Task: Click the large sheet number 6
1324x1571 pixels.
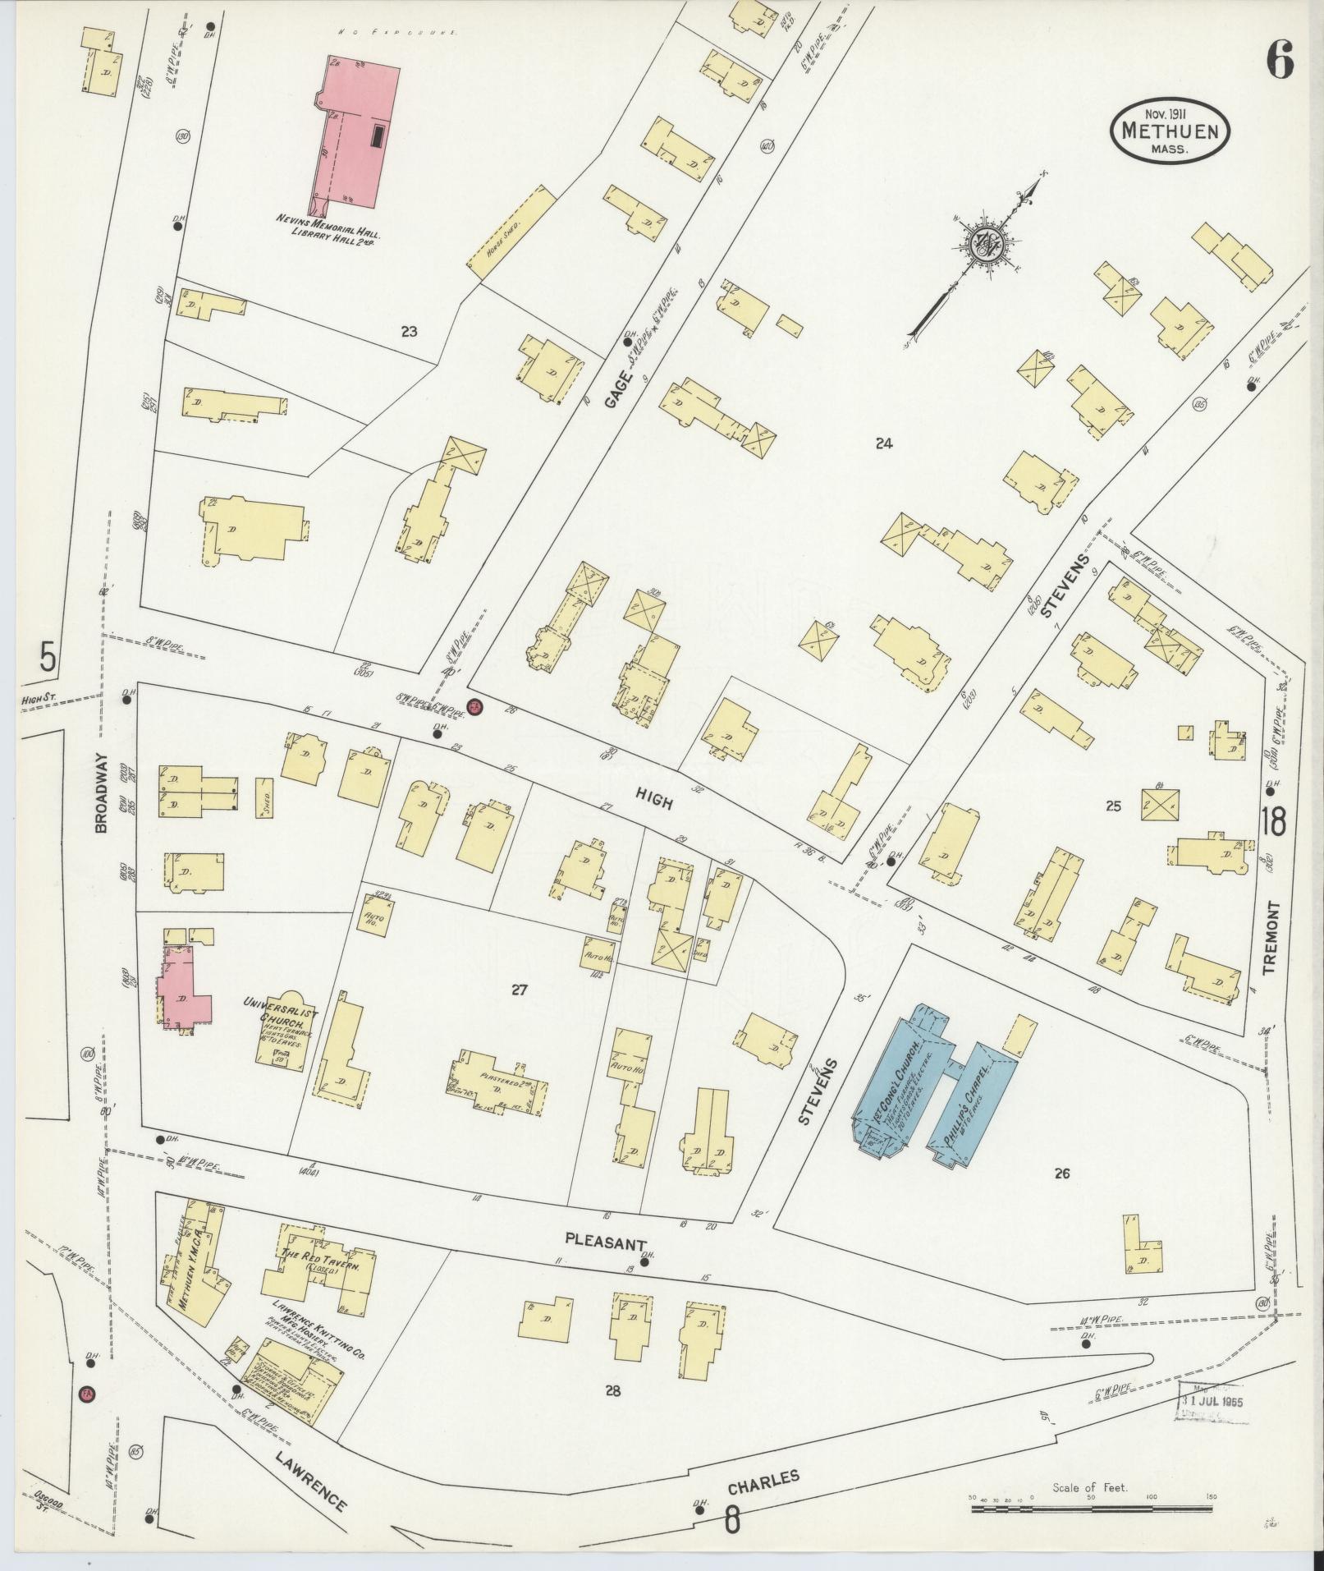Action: pos(1279,59)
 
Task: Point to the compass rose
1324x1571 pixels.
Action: pos(983,243)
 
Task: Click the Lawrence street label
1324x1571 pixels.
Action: pos(311,1457)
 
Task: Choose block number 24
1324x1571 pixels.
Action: pos(883,443)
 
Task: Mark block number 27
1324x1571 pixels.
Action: pos(518,990)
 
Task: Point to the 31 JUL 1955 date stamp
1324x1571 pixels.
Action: pos(1212,1399)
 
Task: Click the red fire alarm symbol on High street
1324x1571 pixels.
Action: pos(474,706)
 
